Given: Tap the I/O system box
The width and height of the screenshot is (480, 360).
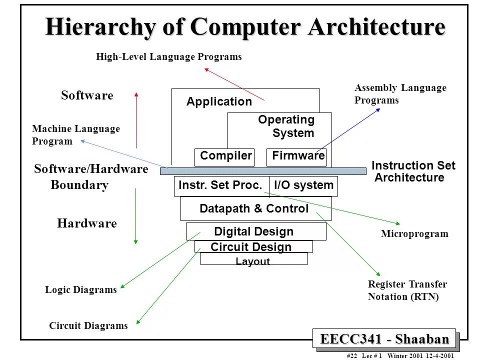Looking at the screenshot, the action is click(303, 185).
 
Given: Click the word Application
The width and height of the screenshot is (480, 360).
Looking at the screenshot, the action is click(219, 102).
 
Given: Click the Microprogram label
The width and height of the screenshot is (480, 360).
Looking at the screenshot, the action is click(414, 234).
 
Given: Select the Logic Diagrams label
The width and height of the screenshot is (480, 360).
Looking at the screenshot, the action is click(81, 290).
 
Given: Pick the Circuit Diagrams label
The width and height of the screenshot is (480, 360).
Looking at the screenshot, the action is click(88, 326).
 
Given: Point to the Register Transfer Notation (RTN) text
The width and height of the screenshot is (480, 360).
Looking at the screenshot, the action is click(407, 290).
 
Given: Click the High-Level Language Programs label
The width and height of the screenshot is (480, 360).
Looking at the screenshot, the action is click(169, 57).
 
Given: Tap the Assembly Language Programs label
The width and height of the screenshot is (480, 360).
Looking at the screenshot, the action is click(400, 94).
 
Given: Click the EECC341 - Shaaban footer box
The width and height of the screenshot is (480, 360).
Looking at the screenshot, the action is click(384, 339).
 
